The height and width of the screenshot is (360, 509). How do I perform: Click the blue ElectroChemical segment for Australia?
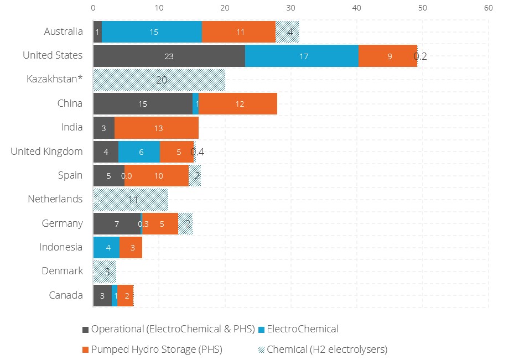point(152,32)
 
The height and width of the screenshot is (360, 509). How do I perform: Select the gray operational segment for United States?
point(169,56)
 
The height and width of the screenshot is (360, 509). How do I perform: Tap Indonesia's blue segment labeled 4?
point(106,248)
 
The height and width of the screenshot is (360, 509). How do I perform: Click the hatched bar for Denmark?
point(105,272)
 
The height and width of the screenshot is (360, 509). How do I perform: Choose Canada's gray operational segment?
point(102,296)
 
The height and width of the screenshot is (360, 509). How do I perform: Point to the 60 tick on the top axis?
point(488,8)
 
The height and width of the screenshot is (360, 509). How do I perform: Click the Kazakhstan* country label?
point(55,79)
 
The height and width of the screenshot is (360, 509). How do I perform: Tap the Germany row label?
point(63,223)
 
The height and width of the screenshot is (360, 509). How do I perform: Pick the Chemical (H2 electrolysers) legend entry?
point(327,349)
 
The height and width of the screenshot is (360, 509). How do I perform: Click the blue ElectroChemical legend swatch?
point(262,330)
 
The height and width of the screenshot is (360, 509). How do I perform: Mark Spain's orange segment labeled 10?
point(159,176)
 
